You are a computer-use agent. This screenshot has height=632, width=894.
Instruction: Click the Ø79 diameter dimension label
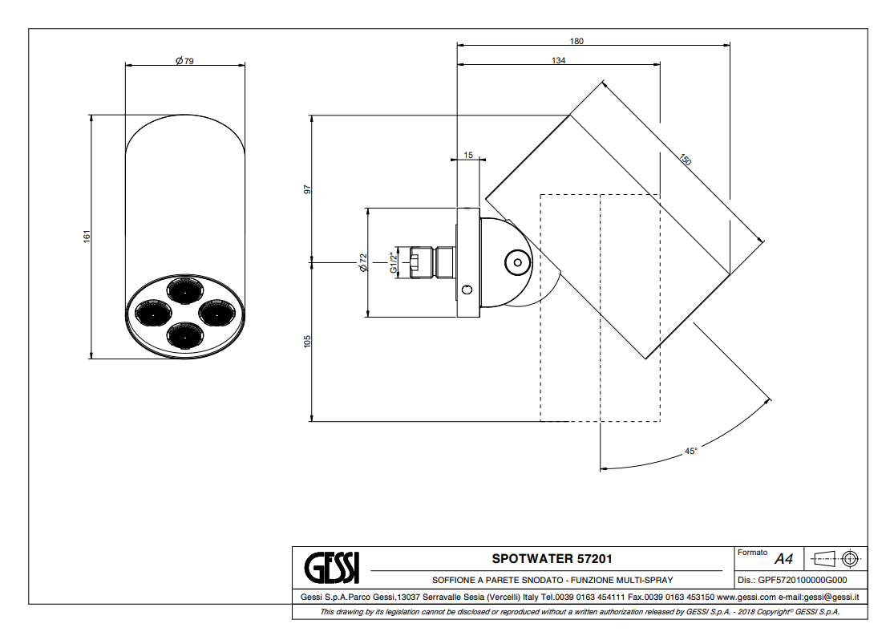pos(184,60)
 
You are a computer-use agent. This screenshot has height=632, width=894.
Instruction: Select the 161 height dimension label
pos(87,236)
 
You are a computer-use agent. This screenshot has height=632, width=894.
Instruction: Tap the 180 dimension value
pos(576,41)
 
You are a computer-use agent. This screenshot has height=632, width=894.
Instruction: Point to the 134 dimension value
pos(558,60)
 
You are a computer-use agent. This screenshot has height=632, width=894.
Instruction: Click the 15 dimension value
pos(468,155)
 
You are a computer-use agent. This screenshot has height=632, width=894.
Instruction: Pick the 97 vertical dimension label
pos(307,188)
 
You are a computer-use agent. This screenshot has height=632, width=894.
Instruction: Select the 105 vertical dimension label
pos(307,341)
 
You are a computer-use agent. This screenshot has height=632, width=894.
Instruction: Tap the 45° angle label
pos(691,451)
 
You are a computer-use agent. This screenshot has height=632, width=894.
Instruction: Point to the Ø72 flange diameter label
pos(362,263)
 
